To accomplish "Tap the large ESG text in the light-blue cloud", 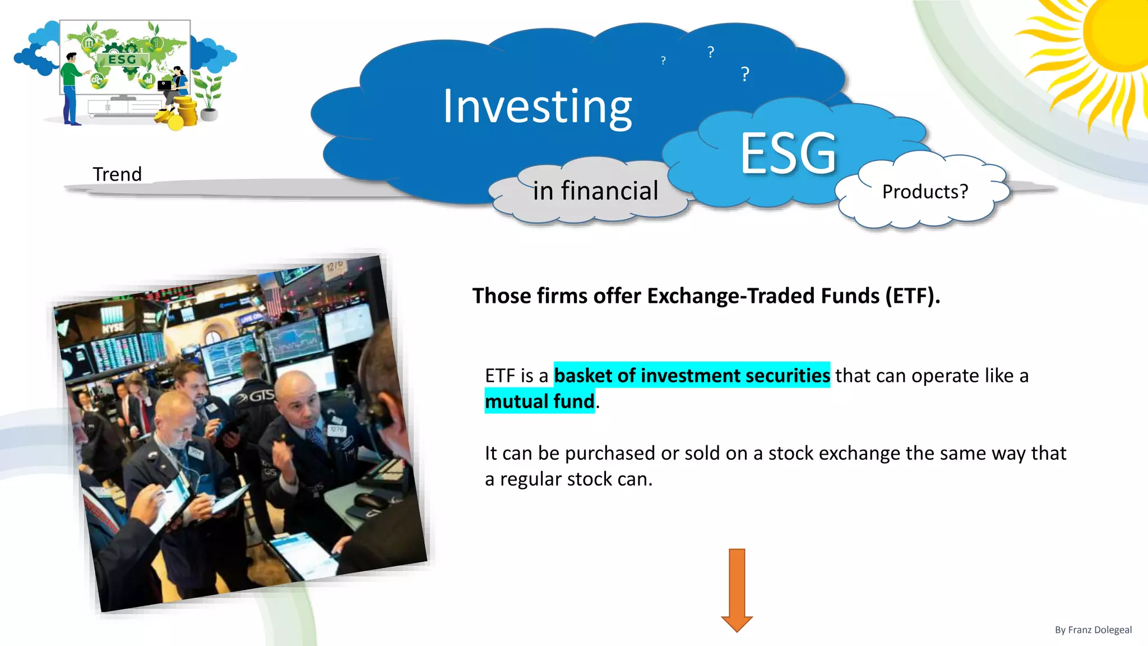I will pyautogui.click(x=788, y=153).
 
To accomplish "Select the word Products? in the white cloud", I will pyautogui.click(x=925, y=192).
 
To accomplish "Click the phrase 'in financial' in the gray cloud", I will pyautogui.click(x=595, y=191).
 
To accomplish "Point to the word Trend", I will pyautogui.click(x=117, y=174).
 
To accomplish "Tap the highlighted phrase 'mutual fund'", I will pyautogui.click(x=539, y=402).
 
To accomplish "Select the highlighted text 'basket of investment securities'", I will pyautogui.click(x=692, y=375).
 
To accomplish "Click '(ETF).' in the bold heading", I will pyautogui.click(x=913, y=296).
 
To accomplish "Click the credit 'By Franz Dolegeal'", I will pyautogui.click(x=1093, y=630).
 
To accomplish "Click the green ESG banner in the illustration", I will pyautogui.click(x=123, y=59).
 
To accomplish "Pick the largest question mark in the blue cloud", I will pyautogui.click(x=745, y=74).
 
